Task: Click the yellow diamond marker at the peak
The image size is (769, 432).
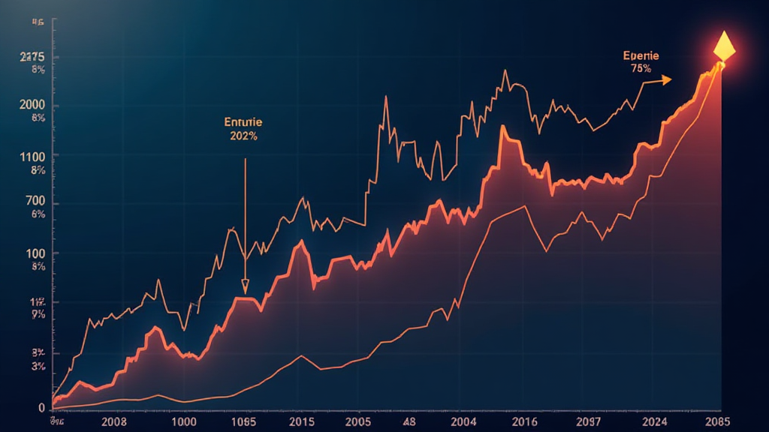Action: tap(724, 47)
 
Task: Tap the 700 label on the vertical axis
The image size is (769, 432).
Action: tap(35, 202)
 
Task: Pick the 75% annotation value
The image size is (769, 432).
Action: tap(641, 68)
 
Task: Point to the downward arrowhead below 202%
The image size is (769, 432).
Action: tap(245, 287)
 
